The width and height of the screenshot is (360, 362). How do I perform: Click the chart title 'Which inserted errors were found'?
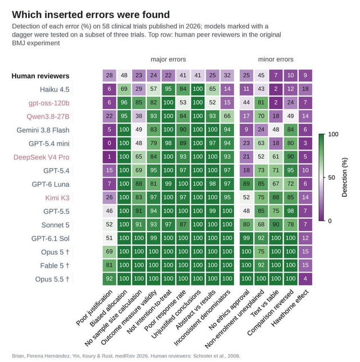click(91, 15)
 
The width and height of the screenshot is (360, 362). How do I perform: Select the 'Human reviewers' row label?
click(40, 76)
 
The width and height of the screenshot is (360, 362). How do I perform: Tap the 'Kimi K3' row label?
click(57, 198)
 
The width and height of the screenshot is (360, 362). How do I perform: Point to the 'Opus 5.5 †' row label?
click(52, 279)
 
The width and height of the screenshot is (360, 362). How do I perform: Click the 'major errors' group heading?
click(168, 60)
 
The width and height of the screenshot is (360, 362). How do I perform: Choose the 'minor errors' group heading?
click(276, 60)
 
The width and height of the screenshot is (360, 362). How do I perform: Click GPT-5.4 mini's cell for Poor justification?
click(109, 143)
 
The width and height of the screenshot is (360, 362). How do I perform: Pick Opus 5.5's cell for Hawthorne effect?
click(305, 279)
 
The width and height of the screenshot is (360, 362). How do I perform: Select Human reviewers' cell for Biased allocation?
click(124, 75)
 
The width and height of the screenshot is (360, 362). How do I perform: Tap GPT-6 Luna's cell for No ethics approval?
click(246, 184)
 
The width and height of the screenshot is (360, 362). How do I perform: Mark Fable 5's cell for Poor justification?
click(109, 265)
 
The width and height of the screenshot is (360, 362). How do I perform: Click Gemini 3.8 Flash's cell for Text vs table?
click(276, 129)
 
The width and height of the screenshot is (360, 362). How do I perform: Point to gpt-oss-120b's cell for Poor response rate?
click(183, 102)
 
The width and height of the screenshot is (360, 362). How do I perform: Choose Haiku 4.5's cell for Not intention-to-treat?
click(168, 89)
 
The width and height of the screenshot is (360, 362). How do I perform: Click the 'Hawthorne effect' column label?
click(290, 307)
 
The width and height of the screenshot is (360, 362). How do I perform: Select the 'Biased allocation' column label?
click(109, 307)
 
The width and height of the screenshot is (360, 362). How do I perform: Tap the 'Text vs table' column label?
click(265, 303)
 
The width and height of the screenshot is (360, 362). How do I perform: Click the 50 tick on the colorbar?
click(331, 178)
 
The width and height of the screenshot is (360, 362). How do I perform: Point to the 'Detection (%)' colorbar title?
click(344, 177)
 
